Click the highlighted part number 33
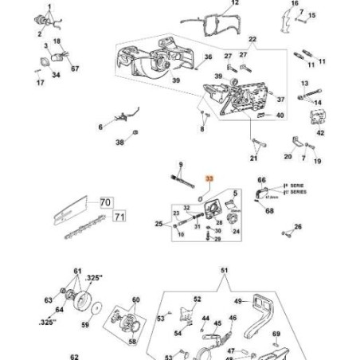pos(209,180)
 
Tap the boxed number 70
pos(105,203)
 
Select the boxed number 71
pos(119,216)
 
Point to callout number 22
pos(252,39)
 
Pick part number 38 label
pos(119,143)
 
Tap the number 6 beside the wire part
pos(100,127)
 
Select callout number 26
pos(299,227)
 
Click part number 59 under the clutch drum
pos(85,325)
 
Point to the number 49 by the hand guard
pos(237,301)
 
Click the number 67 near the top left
pos(75,68)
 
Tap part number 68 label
pos(269,211)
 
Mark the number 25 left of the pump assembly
pos(158,225)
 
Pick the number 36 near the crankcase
pos(208,57)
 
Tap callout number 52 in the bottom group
pos(198,299)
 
